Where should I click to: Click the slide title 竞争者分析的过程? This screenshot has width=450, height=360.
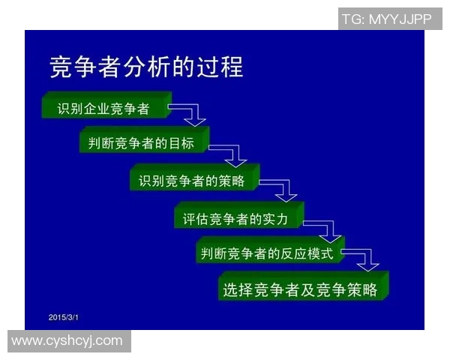click(x=146, y=67)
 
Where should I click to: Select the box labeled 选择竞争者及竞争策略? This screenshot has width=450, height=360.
click(x=303, y=289)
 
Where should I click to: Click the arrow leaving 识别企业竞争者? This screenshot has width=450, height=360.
click(x=190, y=113)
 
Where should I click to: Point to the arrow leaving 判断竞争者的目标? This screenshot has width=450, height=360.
click(x=230, y=153)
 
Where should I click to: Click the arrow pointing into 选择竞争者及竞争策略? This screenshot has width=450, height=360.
click(x=363, y=259)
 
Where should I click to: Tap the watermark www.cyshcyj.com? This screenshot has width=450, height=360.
click(x=67, y=341)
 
